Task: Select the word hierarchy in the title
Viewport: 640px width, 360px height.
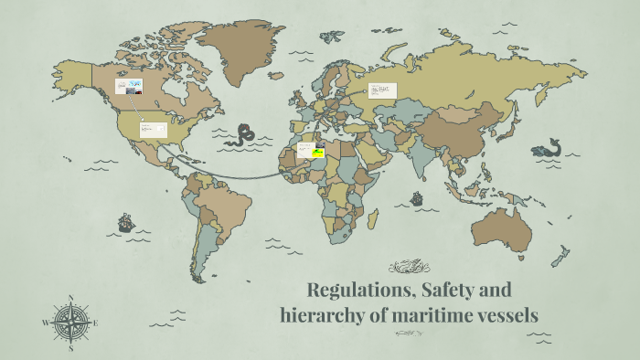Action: pos(321,316)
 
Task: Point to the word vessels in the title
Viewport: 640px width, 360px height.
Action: pos(501,316)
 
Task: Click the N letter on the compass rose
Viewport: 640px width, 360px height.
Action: pos(70,297)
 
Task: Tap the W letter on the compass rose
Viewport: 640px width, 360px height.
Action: pos(46,323)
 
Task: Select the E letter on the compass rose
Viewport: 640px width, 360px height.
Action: pos(95,323)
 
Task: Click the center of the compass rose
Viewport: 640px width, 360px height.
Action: pos(70,323)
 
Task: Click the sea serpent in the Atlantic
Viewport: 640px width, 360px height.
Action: pos(243,136)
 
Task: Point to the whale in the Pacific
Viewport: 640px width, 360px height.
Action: pos(547,149)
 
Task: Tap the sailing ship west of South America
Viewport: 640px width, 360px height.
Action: pos(125,222)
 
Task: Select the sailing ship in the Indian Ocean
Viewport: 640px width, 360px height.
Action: pos(417,197)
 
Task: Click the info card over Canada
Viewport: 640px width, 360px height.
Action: pos(129,87)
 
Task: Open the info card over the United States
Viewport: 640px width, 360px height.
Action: pos(152,130)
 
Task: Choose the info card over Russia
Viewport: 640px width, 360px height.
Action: pos(382,90)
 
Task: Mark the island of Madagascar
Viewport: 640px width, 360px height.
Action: pos(373,220)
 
